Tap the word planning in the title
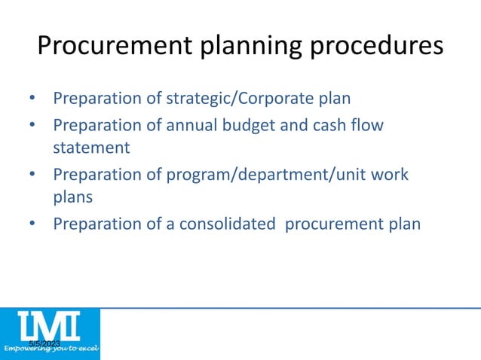coord(241,47)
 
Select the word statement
coord(90,148)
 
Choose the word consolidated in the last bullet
coord(228,224)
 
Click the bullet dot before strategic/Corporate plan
coord(32,99)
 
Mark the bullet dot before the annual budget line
coord(32,124)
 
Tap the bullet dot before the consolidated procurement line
coord(32,224)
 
